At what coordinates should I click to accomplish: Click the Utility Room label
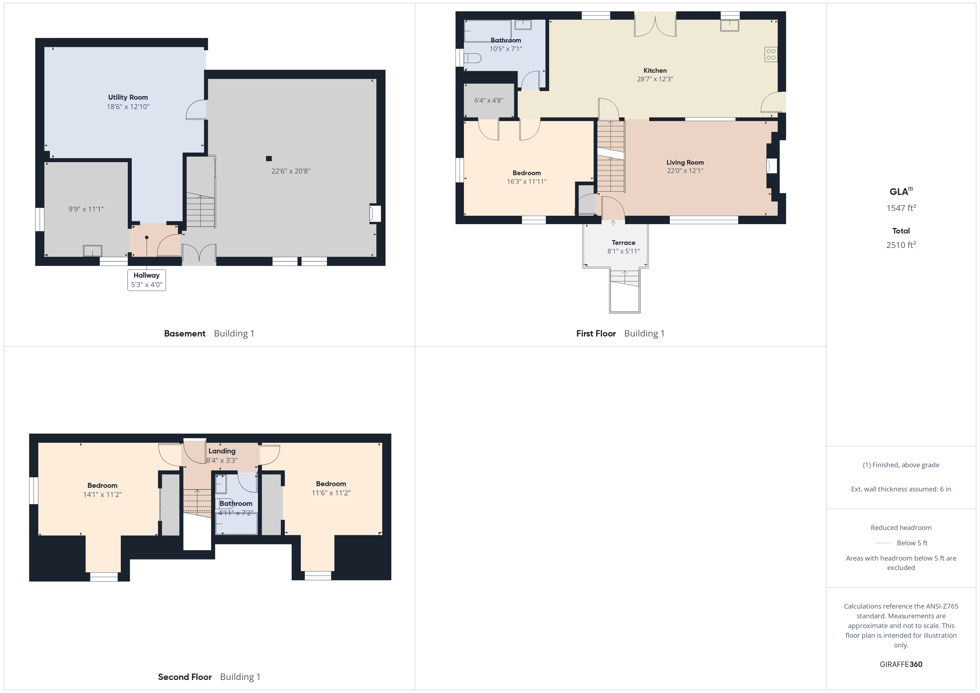(x=128, y=97)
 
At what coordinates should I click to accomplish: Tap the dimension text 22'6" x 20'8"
(x=291, y=171)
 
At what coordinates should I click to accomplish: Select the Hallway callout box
(x=146, y=280)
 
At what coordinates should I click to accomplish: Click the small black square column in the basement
(x=269, y=159)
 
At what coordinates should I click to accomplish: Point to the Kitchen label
(x=655, y=71)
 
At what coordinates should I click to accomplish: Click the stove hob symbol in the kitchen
(x=771, y=54)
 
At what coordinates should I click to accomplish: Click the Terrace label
(x=624, y=242)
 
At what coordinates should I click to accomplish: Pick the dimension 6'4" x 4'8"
(x=489, y=100)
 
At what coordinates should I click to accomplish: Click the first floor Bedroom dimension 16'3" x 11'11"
(x=527, y=181)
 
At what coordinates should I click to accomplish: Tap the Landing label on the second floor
(x=222, y=451)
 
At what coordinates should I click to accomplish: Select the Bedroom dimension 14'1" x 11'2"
(x=102, y=494)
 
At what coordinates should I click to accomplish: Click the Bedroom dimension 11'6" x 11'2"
(x=331, y=493)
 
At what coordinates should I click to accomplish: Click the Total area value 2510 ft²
(x=901, y=245)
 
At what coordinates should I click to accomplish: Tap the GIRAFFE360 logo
(x=901, y=664)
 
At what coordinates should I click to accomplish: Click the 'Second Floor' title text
(x=185, y=677)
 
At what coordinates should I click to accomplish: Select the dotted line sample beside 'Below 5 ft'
(x=883, y=543)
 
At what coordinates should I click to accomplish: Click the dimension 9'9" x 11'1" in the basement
(x=86, y=209)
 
